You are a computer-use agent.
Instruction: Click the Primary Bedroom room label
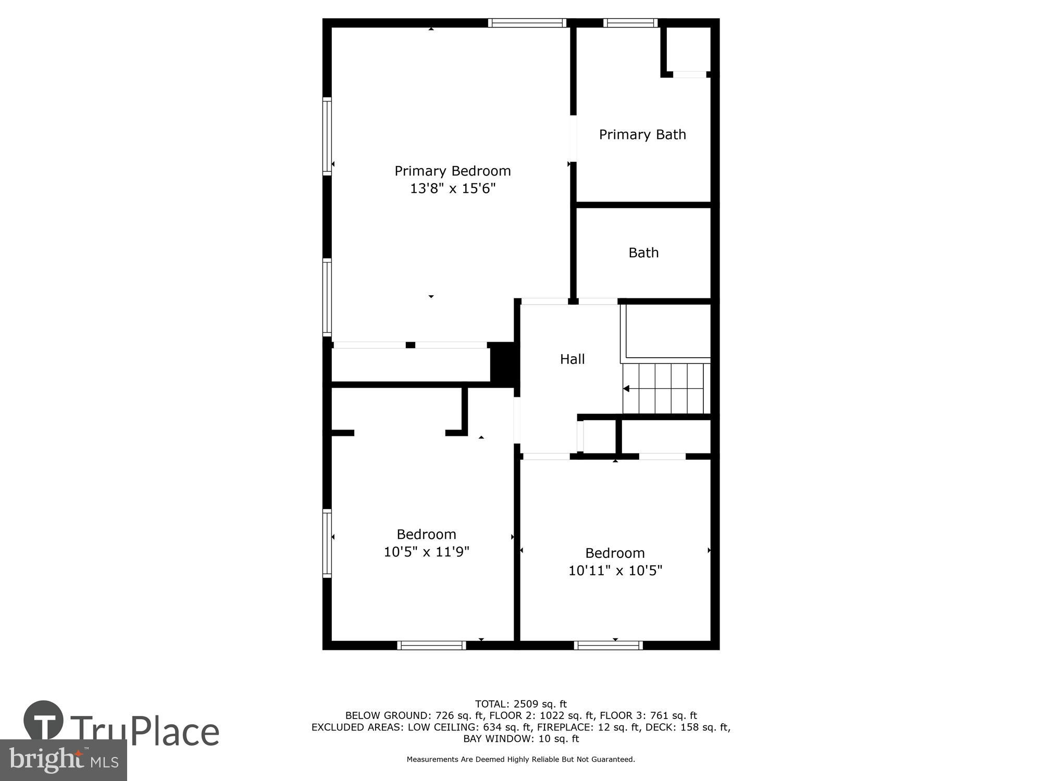click(452, 171)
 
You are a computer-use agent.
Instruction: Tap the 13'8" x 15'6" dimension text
click(452, 188)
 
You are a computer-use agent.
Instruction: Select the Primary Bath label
click(642, 134)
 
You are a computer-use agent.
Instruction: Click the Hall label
click(572, 359)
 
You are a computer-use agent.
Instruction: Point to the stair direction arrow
click(626, 388)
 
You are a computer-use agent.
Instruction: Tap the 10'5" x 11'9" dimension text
click(426, 551)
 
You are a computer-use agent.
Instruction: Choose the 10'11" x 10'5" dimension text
click(615, 570)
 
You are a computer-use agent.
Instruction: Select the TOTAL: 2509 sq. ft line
click(520, 704)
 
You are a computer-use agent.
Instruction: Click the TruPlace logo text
click(144, 731)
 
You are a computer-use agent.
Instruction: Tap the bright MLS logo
click(63, 760)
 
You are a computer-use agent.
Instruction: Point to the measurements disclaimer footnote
click(520, 759)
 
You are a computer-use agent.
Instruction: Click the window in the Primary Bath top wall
click(630, 23)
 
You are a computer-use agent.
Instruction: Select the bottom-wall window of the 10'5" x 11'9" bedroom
click(431, 645)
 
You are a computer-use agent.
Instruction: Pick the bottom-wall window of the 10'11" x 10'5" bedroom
click(608, 645)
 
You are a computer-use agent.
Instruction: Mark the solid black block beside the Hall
click(503, 363)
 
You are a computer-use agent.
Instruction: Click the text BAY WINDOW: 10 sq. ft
click(520, 738)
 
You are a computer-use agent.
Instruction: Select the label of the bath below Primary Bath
click(643, 253)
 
